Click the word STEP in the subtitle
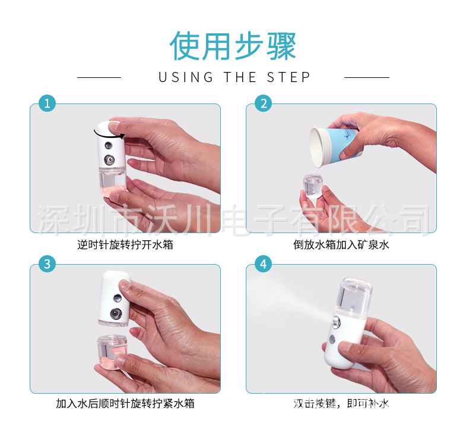(x=289, y=77)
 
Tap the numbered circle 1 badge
(x=47, y=103)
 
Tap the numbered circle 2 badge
(x=263, y=103)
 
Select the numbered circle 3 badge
(x=47, y=264)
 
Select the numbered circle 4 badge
(x=263, y=264)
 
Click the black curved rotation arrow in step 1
(x=109, y=132)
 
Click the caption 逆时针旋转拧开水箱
(x=125, y=244)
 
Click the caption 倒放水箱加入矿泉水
(x=341, y=244)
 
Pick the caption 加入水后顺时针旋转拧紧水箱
(x=125, y=404)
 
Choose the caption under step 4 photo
(x=341, y=404)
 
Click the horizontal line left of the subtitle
(x=99, y=77)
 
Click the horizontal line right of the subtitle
(x=366, y=77)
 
